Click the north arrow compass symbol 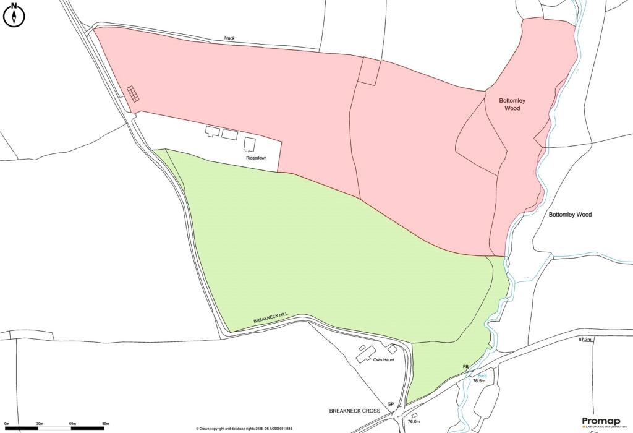(13, 15)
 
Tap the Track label (229, 38)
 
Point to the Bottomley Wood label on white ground (570, 215)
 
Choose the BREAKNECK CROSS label (355, 410)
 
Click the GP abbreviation (391, 404)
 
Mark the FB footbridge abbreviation (466, 367)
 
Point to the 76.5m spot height (480, 381)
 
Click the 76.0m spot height (414, 422)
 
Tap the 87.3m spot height (585, 340)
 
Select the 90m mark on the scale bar (104, 424)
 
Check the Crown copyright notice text (244, 429)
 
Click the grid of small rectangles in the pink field (134, 94)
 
